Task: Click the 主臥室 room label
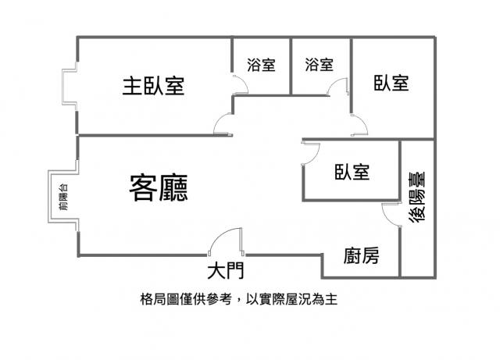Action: click(153, 85)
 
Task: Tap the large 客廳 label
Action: click(159, 188)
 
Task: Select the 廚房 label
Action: click(361, 255)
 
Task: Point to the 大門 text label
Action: click(226, 271)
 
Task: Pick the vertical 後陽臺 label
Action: click(417, 197)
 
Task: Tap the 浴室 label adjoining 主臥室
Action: click(261, 65)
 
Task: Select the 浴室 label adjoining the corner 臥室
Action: click(320, 65)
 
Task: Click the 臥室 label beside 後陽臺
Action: click(352, 172)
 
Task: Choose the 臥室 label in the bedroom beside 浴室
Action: click(391, 83)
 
